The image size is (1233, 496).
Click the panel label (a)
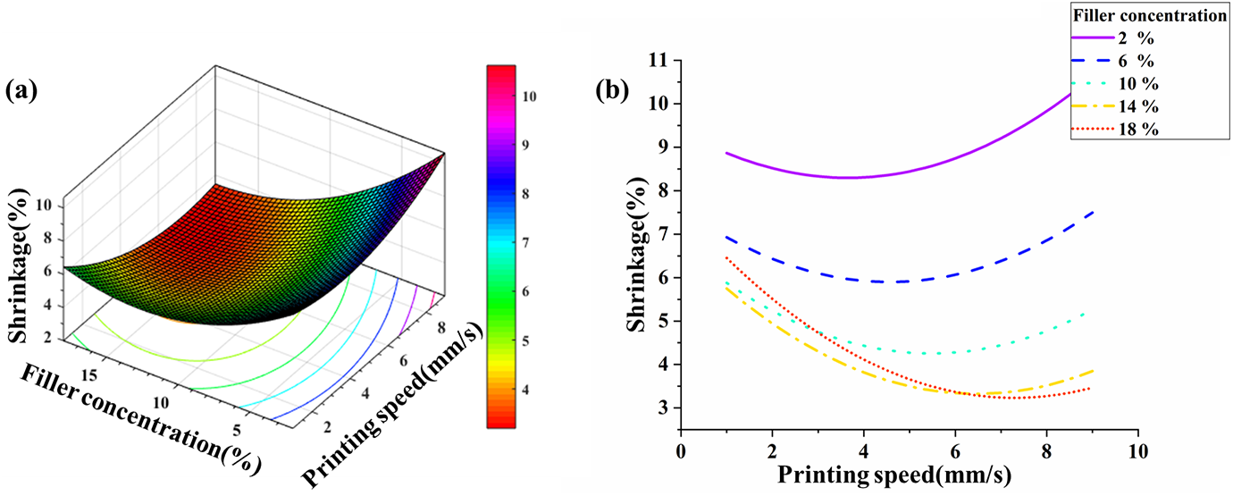(x=21, y=91)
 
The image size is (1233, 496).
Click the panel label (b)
(x=612, y=91)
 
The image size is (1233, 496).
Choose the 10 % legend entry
(x=1115, y=83)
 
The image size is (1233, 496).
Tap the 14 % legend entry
(x=1115, y=106)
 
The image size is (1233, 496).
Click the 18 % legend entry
(x=1115, y=130)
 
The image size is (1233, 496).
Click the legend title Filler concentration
(x=1150, y=15)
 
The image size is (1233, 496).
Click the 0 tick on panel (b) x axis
(x=681, y=451)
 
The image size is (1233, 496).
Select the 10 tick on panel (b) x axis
(x=1137, y=451)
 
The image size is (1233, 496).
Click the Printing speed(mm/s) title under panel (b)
(x=894, y=475)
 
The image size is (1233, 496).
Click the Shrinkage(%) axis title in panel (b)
(x=636, y=255)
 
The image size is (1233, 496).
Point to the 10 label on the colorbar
(x=529, y=97)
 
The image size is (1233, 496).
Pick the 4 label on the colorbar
(x=525, y=390)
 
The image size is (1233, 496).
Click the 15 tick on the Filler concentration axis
(x=89, y=375)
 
